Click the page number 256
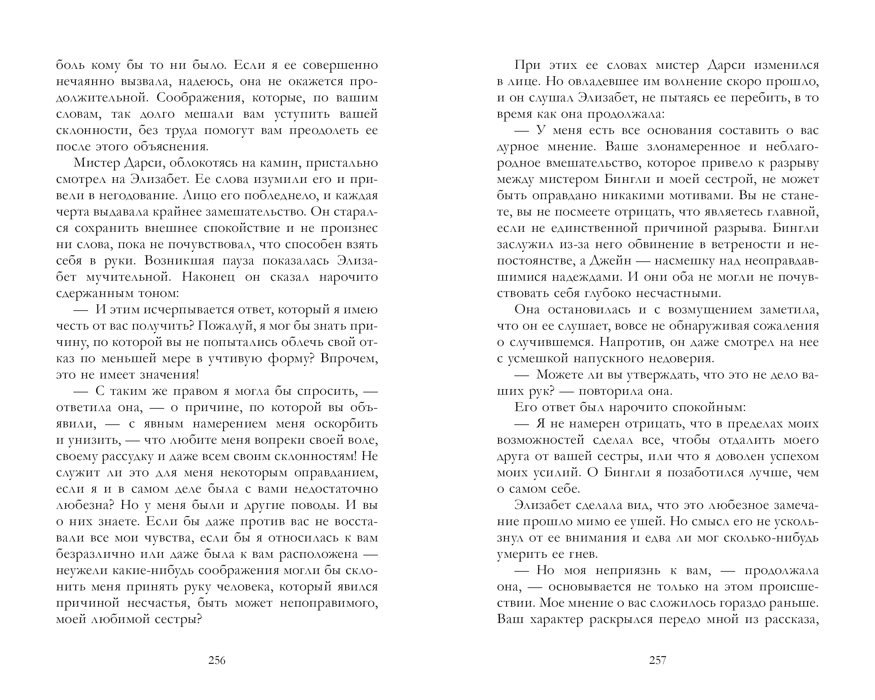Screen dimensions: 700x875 click(x=217, y=660)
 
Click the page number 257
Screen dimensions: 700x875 click(x=658, y=660)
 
